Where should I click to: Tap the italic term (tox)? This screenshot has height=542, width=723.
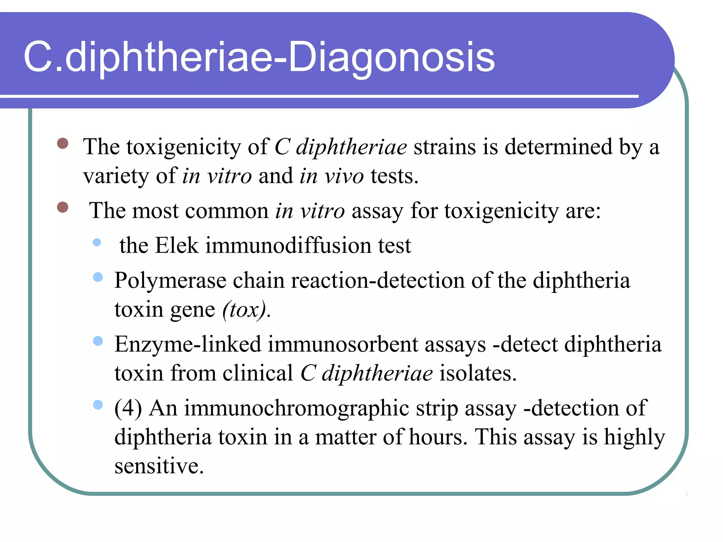tap(244, 310)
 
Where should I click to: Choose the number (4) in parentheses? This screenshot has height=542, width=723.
tap(128, 408)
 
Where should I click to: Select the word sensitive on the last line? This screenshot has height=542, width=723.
tap(159, 466)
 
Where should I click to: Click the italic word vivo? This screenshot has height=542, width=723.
tap(344, 176)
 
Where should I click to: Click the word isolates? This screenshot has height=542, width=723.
tap(478, 373)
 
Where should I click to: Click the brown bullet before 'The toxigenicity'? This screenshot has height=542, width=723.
tap(62, 143)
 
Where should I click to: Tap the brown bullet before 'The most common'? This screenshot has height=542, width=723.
tap(62, 207)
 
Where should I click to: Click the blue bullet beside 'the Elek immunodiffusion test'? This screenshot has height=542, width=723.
tap(97, 242)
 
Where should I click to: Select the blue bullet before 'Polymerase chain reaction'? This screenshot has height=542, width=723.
tap(98, 277)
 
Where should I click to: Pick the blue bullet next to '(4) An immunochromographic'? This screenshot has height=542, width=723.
tap(98, 405)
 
